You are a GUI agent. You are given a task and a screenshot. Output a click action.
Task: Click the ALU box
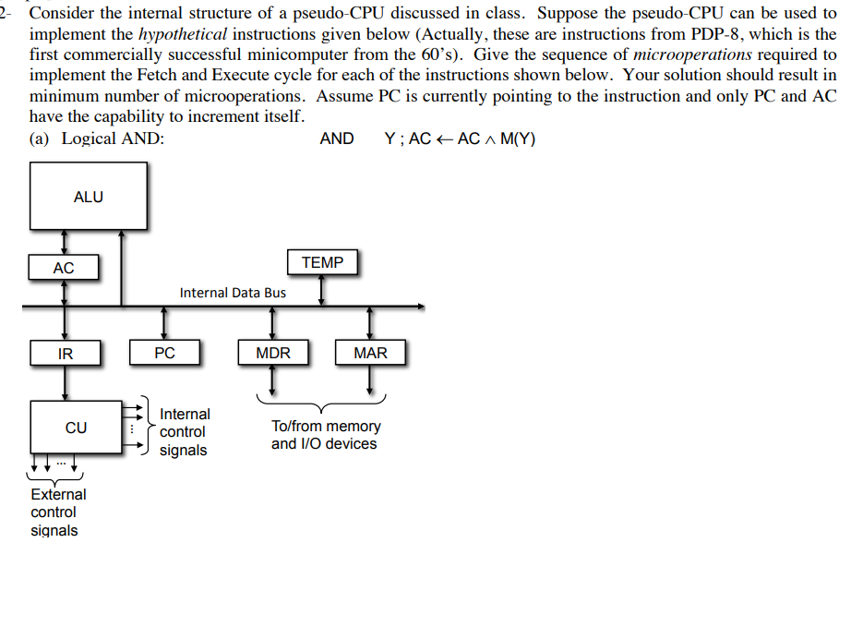coord(88,196)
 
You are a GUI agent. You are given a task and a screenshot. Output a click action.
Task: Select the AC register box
coord(64,268)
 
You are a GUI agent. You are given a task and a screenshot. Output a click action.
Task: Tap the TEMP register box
coord(322,263)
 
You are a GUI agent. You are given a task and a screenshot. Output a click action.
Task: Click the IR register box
coord(65,353)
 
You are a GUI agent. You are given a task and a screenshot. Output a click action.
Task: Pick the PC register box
coord(164,353)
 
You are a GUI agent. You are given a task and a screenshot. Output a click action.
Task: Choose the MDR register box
coord(272,353)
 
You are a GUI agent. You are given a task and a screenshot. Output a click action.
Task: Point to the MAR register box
coord(370,353)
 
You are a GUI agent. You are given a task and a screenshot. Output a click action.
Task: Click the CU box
coord(76,428)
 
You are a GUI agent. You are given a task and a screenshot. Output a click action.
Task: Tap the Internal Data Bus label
coord(233,293)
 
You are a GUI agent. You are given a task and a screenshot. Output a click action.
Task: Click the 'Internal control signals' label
coord(185,432)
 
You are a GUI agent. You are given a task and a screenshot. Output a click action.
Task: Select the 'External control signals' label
coord(57,512)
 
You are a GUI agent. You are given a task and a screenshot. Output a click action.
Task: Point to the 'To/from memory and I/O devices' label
coord(325,435)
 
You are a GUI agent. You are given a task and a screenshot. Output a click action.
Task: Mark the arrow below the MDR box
coord(272,379)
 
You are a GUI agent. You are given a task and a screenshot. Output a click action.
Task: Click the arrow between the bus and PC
coord(164,323)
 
